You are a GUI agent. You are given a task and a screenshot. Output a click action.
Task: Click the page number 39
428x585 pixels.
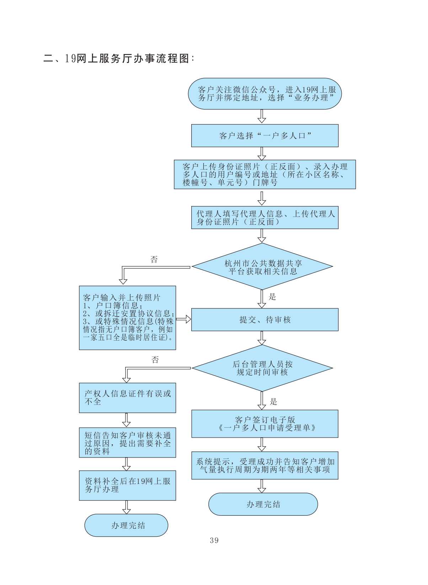pyautogui.click(x=214, y=540)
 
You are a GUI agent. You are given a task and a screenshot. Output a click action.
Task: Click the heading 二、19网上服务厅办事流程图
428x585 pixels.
pyautogui.click(x=119, y=58)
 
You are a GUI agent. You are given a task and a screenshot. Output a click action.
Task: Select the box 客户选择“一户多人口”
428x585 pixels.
pyautogui.click(x=265, y=136)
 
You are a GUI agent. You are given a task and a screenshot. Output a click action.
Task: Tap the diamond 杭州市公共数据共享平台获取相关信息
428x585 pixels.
pyautogui.click(x=262, y=267)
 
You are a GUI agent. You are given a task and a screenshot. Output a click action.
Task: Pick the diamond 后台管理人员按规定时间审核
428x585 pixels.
pyautogui.click(x=262, y=368)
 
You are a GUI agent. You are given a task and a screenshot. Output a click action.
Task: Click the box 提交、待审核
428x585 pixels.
pyautogui.click(x=265, y=320)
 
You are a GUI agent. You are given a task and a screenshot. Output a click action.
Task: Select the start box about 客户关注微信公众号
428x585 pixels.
pyautogui.click(x=265, y=94)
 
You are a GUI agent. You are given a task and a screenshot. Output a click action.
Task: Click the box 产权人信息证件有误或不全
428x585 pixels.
pyautogui.click(x=127, y=398)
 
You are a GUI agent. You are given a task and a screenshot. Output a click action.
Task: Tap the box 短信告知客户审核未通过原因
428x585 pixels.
pyautogui.click(x=127, y=443)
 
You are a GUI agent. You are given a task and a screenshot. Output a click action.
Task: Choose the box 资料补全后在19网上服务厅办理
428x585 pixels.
pyautogui.click(x=127, y=486)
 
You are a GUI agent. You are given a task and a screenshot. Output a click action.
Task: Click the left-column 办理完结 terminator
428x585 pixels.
pyautogui.click(x=126, y=525)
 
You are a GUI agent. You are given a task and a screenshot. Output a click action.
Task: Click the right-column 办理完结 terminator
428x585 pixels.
pyautogui.click(x=263, y=504)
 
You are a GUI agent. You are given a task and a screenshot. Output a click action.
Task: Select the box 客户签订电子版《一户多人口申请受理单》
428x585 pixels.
pyautogui.click(x=265, y=424)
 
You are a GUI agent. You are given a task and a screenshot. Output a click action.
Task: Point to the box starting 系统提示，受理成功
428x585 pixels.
pyautogui.click(x=265, y=466)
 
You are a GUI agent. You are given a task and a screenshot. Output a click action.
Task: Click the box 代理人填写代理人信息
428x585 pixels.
pyautogui.click(x=265, y=218)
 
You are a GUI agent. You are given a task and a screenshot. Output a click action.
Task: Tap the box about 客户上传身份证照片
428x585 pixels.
pyautogui.click(x=265, y=174)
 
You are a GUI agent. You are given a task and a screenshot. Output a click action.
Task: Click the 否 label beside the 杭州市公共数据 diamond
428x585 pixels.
pyautogui.click(x=154, y=260)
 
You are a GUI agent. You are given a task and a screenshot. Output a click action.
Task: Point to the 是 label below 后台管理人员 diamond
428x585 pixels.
pyautogui.click(x=273, y=402)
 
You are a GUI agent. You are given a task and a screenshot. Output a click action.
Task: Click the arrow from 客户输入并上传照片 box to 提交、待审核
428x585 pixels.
pyautogui.click(x=183, y=319)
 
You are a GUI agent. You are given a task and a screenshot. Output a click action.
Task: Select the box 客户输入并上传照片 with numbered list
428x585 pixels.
pyautogui.click(x=127, y=318)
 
